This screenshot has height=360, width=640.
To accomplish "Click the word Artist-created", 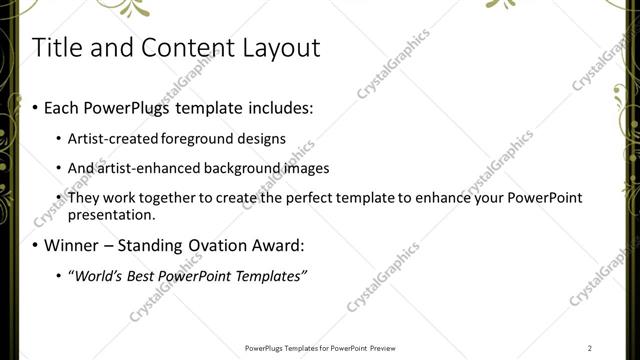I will pos(110,138).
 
